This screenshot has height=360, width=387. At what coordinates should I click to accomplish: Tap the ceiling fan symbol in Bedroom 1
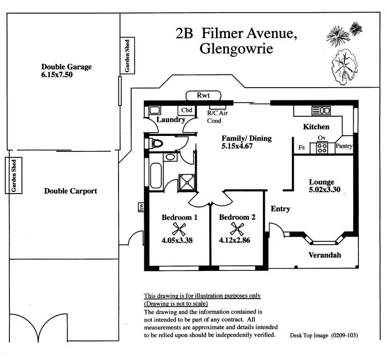click(x=179, y=229)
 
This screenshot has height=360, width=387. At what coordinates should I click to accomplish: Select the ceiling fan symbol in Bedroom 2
click(x=237, y=229)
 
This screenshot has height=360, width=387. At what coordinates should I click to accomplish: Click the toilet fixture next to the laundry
click(x=156, y=143)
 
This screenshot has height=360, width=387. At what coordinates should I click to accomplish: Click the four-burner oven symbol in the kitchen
click(x=322, y=148)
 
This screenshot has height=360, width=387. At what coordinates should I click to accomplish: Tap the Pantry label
click(x=344, y=146)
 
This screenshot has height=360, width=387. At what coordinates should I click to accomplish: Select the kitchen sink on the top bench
click(x=321, y=111)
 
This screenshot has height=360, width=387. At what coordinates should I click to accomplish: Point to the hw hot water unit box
click(x=141, y=207)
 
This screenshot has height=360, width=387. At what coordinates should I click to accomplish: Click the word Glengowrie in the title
click(x=236, y=48)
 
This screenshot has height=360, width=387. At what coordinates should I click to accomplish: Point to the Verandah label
click(x=324, y=255)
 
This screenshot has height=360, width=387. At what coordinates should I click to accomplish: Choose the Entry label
click(x=280, y=209)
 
